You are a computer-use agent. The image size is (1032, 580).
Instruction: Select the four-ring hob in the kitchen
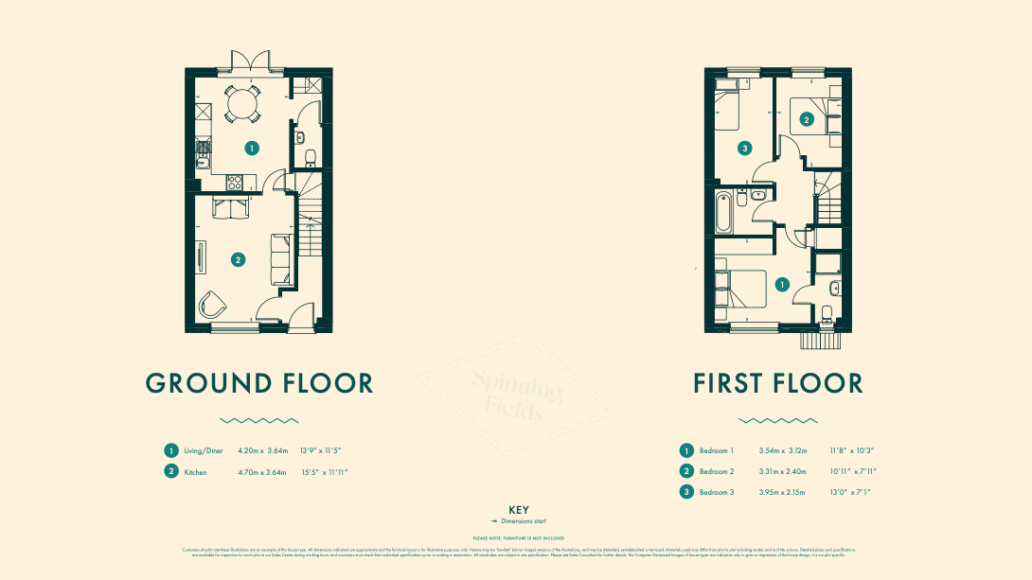pyautogui.click(x=235, y=183)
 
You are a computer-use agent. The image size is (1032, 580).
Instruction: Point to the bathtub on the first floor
pyautogui.click(x=724, y=214)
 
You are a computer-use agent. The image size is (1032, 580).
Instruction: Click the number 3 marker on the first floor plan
pyautogui.click(x=745, y=148)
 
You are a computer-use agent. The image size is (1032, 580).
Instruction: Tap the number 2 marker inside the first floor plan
pyautogui.click(x=806, y=119)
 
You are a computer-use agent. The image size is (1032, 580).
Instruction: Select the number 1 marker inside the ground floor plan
pyautogui.click(x=251, y=148)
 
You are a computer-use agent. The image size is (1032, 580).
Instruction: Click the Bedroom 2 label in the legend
pyautogui.click(x=717, y=471)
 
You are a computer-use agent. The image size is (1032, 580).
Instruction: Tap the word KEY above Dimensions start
pyautogui.click(x=518, y=510)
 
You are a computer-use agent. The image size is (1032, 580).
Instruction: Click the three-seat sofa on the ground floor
pyautogui.click(x=282, y=258)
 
